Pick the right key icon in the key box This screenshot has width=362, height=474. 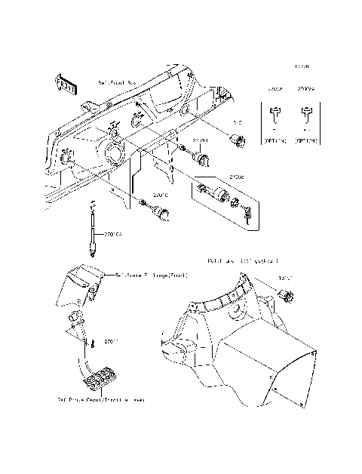[305, 118]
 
